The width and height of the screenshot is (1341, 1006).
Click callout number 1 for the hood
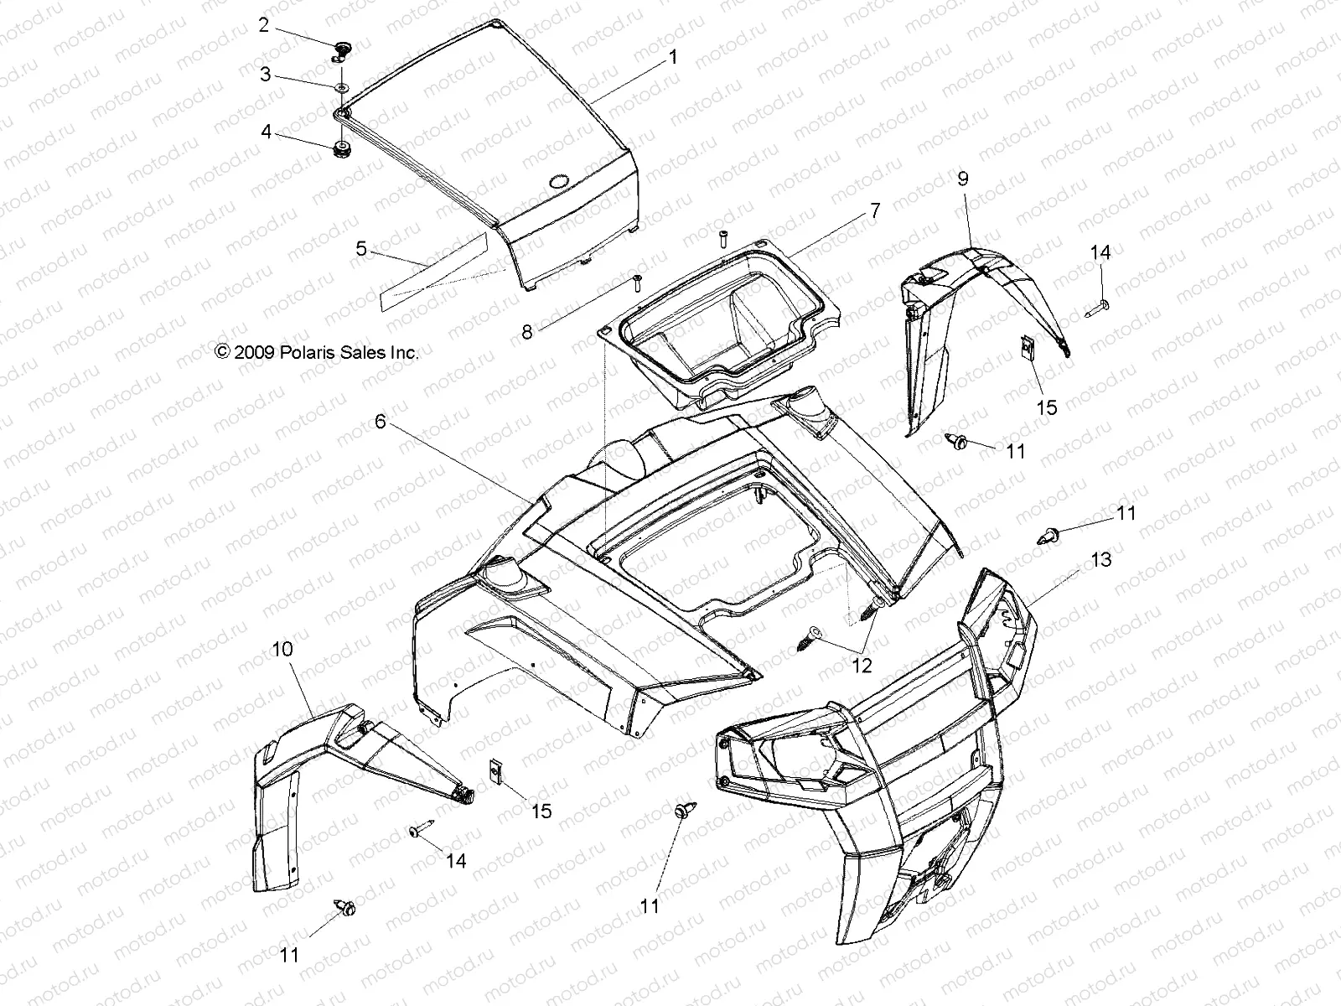(x=672, y=58)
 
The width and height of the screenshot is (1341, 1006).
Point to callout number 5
(x=361, y=248)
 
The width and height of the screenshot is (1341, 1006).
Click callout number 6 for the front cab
(x=380, y=422)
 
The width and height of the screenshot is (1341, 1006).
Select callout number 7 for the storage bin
(x=875, y=211)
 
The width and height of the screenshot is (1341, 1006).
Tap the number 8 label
(x=550, y=332)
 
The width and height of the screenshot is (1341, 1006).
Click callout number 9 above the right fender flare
(x=963, y=178)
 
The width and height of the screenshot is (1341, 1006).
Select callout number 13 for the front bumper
(x=1100, y=559)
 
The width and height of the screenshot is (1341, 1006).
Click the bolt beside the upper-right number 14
(x=1098, y=308)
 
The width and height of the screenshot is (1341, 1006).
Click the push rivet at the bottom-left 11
(x=345, y=907)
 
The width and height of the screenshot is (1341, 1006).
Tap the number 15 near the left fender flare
(x=542, y=811)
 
